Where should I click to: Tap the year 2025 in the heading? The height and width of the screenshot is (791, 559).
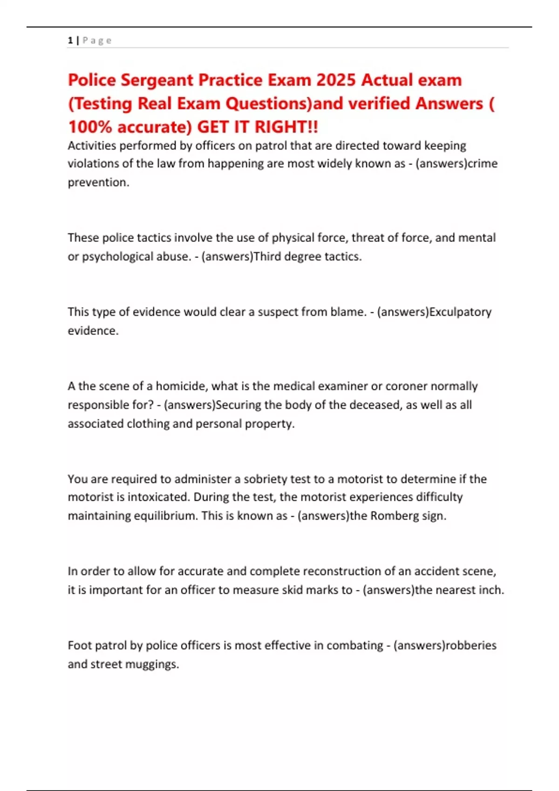(x=336, y=80)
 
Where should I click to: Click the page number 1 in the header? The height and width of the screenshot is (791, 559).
(x=70, y=40)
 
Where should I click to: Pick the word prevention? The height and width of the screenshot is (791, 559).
(x=98, y=182)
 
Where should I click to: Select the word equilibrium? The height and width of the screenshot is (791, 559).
(x=165, y=516)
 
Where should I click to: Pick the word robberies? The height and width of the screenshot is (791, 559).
(x=471, y=645)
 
